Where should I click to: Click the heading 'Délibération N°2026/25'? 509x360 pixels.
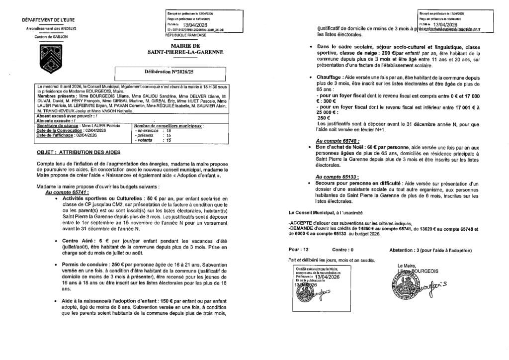click(x=162, y=73)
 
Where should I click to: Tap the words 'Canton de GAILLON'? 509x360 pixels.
click(x=45, y=37)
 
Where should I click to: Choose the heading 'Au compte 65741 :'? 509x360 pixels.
click(x=66, y=191)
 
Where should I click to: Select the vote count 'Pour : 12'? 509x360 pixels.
click(x=299, y=250)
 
